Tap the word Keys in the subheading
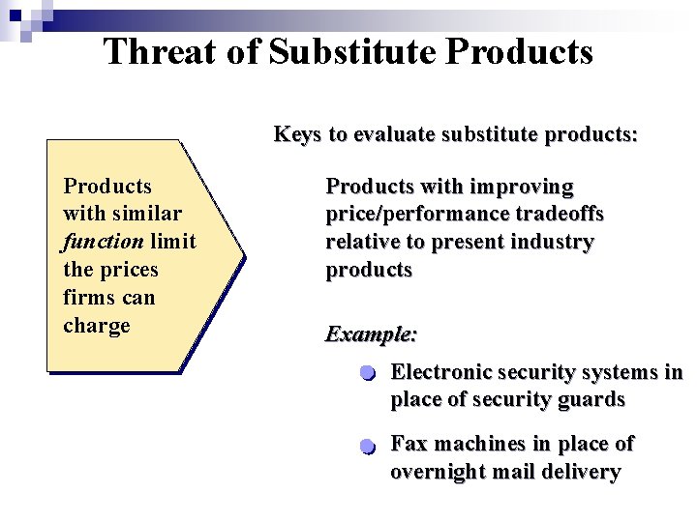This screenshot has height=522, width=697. tap(296, 134)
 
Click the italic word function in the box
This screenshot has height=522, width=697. tap(103, 242)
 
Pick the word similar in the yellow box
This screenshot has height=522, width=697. tap(147, 214)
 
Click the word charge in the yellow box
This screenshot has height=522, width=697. tap(96, 326)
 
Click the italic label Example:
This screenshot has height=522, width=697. tap(372, 334)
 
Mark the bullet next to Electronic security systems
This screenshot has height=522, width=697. tap(366, 374)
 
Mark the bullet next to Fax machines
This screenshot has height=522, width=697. tap(366, 447)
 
